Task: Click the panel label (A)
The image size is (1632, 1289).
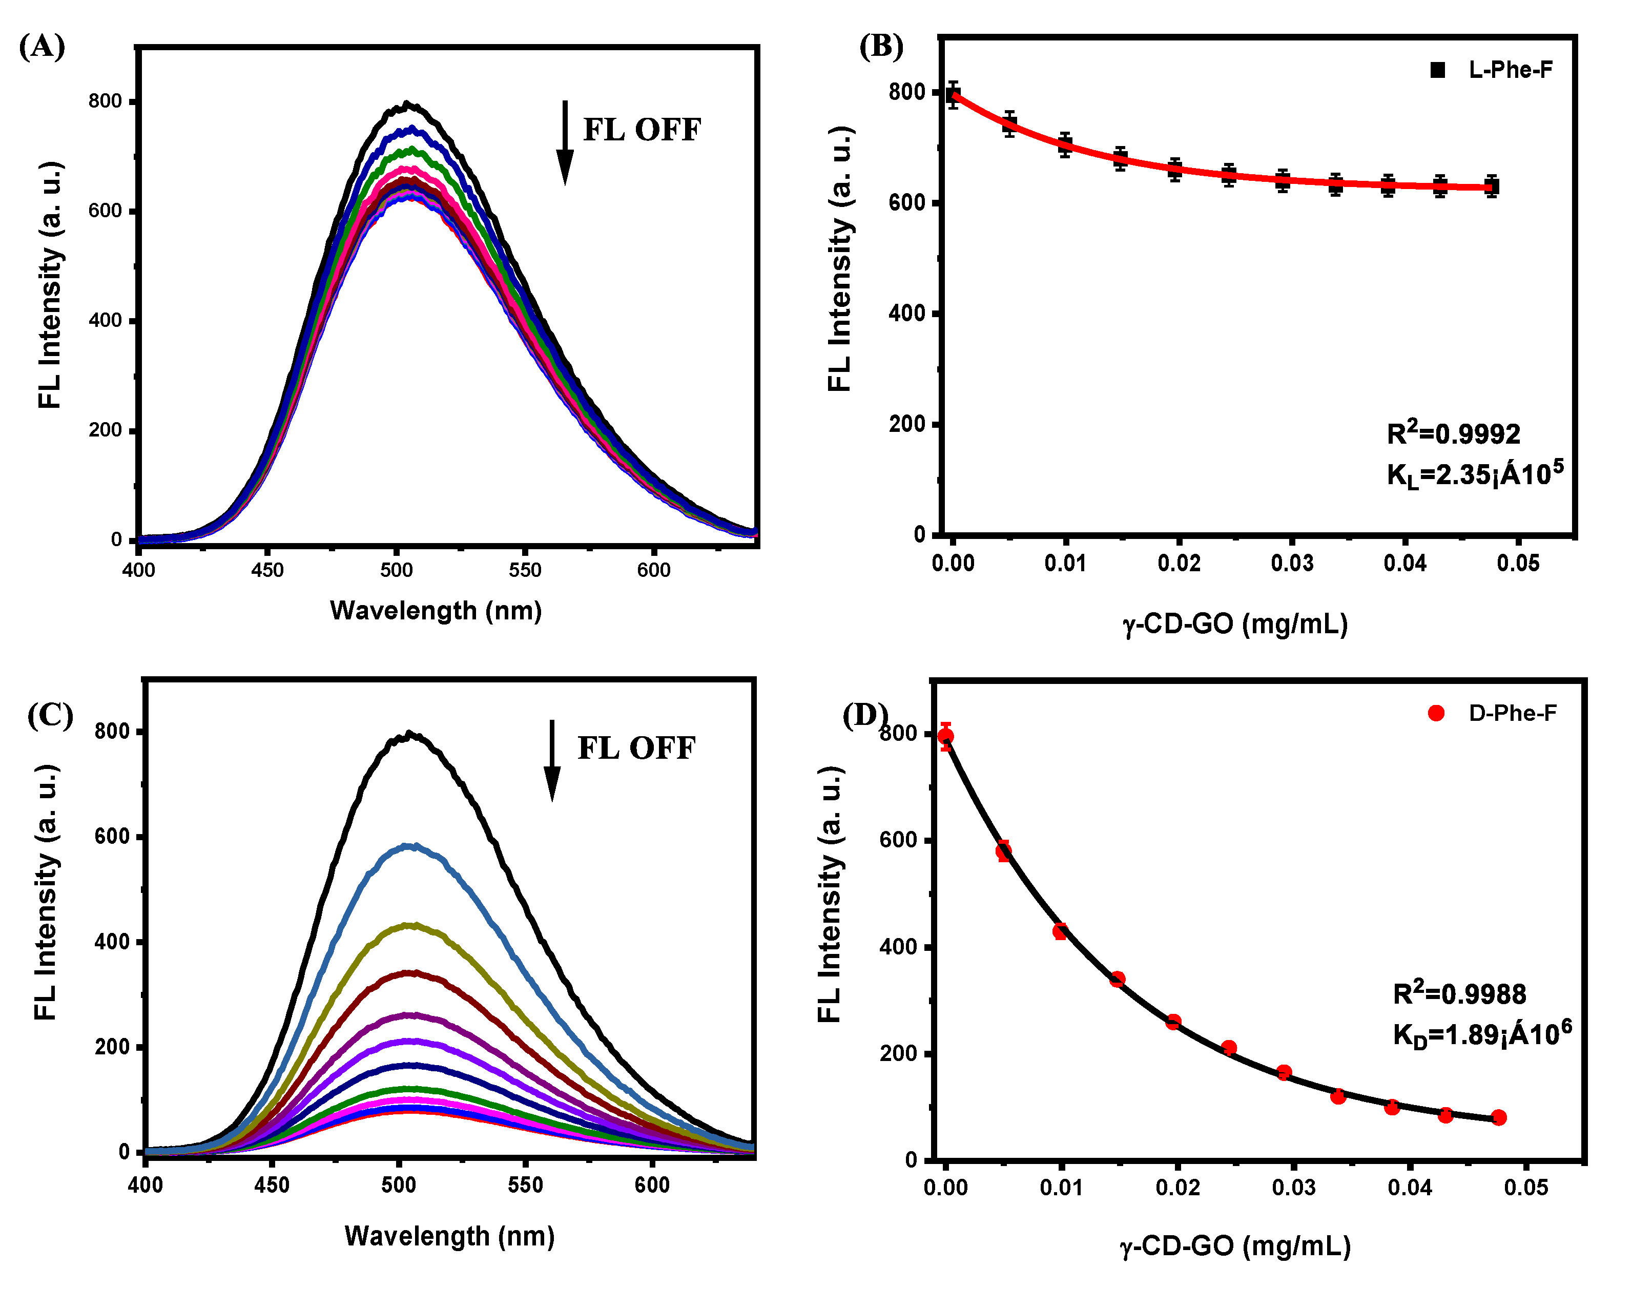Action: tap(42, 47)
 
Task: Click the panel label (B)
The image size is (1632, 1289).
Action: tap(880, 47)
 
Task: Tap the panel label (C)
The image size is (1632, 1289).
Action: tap(50, 714)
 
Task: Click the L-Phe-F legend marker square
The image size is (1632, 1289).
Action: tap(1437, 70)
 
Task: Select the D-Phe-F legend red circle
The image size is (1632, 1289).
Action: tap(1436, 713)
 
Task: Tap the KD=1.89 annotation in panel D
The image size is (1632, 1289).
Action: tap(1481, 1034)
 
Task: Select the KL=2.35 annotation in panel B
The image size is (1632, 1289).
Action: tap(1474, 474)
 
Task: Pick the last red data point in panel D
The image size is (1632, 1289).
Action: tap(1498, 1118)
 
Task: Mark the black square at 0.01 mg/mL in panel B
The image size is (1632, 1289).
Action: tap(1065, 145)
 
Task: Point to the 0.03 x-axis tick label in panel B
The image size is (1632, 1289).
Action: tap(1292, 563)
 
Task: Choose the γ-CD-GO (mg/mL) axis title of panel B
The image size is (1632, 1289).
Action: tap(1235, 624)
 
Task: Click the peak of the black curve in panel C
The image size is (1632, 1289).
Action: tap(409, 734)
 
